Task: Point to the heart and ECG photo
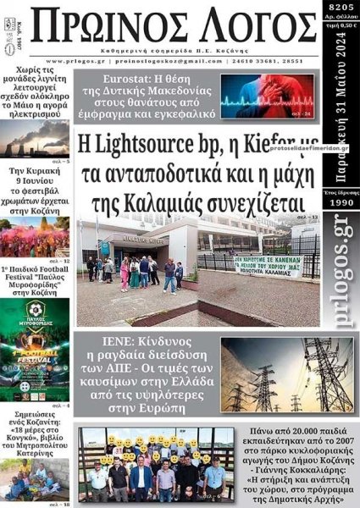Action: tap(263, 96)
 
